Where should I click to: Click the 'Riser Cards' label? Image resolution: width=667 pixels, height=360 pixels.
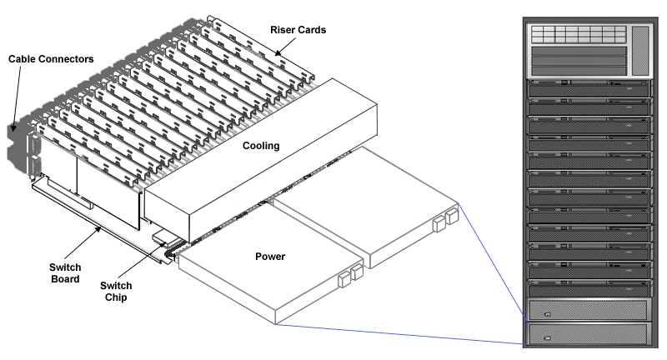298,29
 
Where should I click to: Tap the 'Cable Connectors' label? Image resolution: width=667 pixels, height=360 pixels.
50,59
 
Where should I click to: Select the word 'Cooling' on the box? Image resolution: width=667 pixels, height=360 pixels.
260,146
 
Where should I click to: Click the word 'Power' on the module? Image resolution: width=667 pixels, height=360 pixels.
268,256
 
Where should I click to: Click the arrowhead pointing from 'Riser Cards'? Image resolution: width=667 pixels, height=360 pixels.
280,54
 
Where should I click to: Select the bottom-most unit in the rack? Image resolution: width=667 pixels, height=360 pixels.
587,335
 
